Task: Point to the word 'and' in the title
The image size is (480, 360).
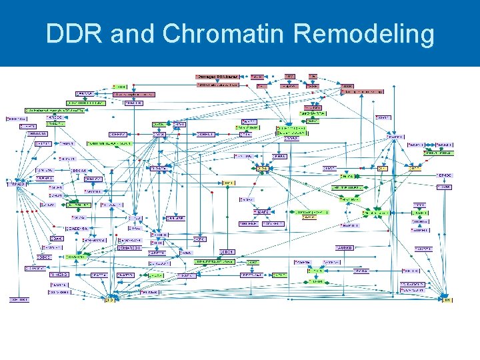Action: click(x=132, y=34)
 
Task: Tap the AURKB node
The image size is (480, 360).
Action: click(x=345, y=247)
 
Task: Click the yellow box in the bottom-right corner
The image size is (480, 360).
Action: click(x=446, y=300)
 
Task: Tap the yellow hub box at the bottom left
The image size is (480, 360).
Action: click(x=109, y=300)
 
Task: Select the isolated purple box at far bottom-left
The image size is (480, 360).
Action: click(x=19, y=300)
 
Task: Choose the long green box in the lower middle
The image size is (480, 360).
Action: click(x=215, y=262)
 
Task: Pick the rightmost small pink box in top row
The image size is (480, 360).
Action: click(x=313, y=77)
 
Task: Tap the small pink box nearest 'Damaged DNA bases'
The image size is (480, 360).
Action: click(x=257, y=77)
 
